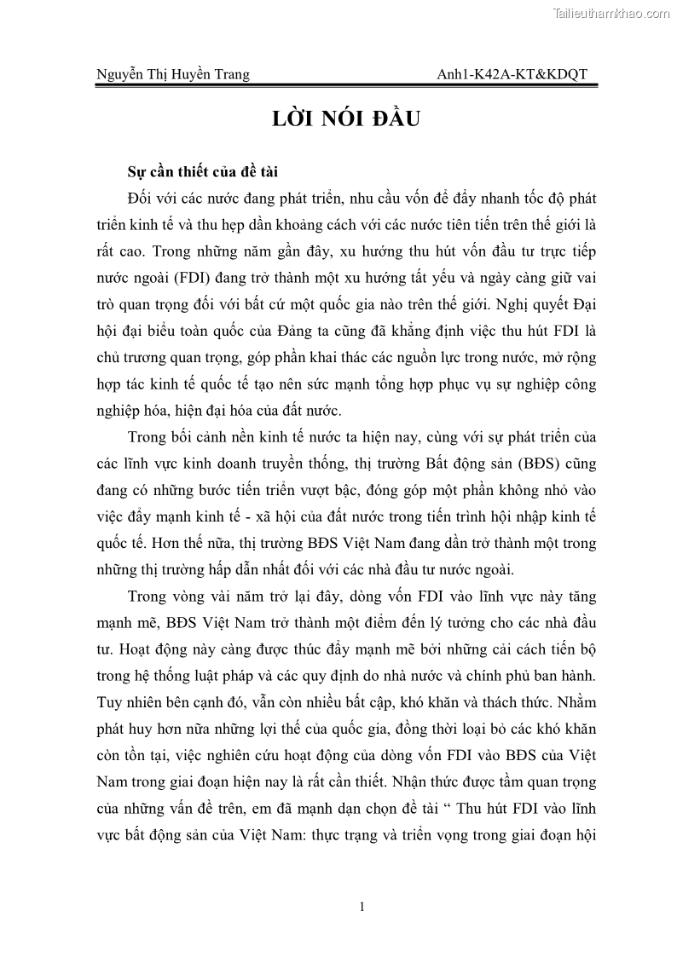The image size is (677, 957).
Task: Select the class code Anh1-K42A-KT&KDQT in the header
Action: click(x=512, y=75)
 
